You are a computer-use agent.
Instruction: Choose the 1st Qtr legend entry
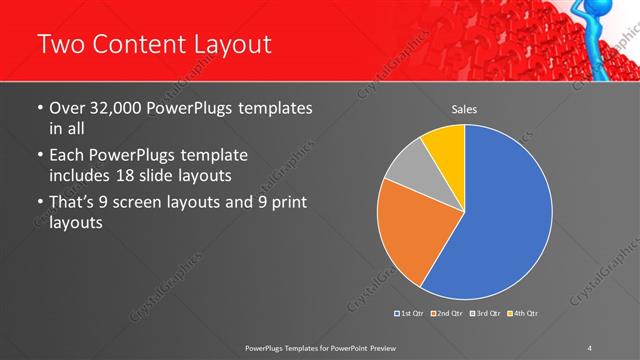click(411, 314)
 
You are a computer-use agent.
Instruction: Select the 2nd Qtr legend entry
click(446, 314)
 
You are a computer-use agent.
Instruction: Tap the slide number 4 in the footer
click(591, 345)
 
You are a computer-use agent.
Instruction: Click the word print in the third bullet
click(282, 203)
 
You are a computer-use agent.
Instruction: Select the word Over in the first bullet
click(68, 107)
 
